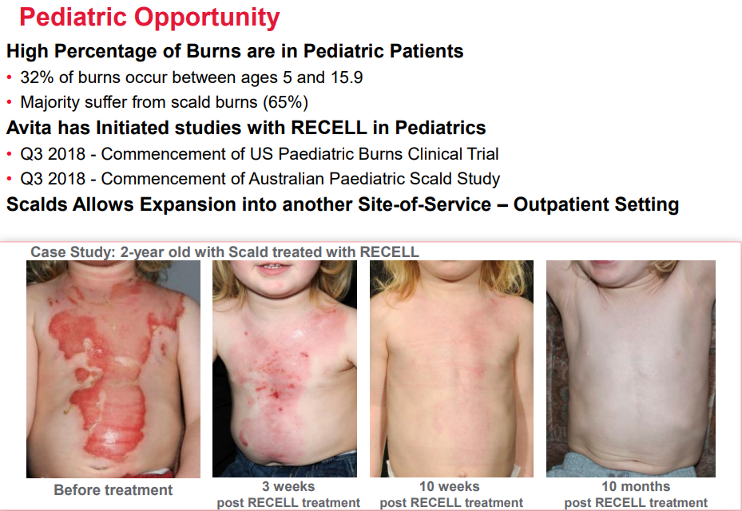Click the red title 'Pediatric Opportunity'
tap(149, 18)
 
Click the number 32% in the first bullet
tap(37, 77)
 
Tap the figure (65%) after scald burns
tap(285, 102)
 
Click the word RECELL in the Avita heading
tap(329, 128)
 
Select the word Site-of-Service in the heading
tap(424, 204)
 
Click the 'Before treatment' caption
tap(113, 489)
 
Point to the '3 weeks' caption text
tap(288, 486)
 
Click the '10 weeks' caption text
tap(449, 486)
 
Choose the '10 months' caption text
tap(636, 486)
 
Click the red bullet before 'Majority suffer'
tap(9, 101)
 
